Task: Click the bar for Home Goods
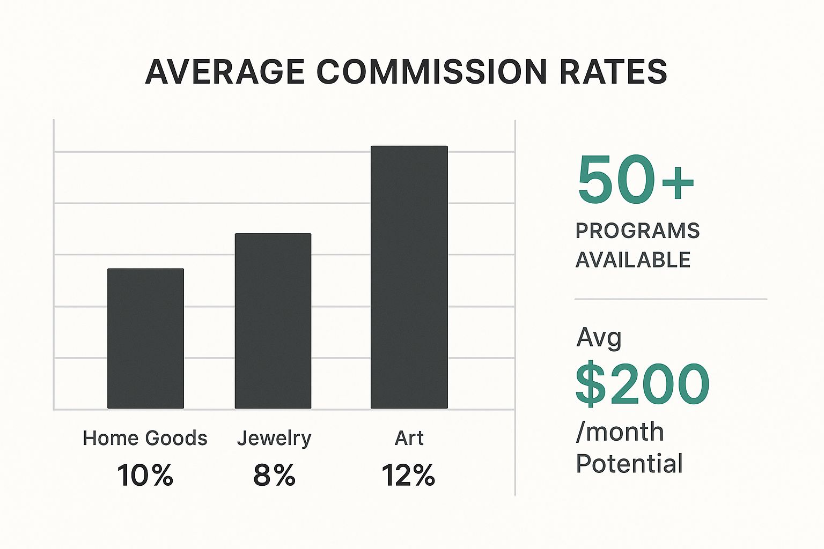(145, 338)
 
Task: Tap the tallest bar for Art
(409, 277)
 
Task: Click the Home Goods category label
(145, 438)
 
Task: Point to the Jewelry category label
(274, 439)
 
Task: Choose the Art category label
(409, 438)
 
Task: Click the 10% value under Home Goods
(145, 475)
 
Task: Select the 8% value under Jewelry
(274, 475)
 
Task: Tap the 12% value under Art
(408, 475)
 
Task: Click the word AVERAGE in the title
(225, 72)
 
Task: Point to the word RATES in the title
(613, 72)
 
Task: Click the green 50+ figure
(636, 180)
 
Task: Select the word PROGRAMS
(637, 231)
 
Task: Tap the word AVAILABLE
(633, 260)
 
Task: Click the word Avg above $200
(599, 338)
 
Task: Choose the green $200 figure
(642, 384)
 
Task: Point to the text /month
(620, 432)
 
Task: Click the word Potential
(629, 463)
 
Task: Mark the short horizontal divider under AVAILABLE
(671, 299)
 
